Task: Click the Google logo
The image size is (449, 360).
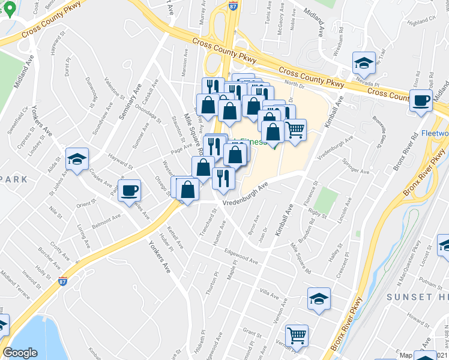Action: [20, 352]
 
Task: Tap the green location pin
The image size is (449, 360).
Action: [9, 8]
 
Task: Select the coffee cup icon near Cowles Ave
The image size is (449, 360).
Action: [129, 191]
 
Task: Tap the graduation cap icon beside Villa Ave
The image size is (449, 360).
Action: [319, 298]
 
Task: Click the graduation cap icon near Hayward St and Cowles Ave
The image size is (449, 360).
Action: [77, 159]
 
